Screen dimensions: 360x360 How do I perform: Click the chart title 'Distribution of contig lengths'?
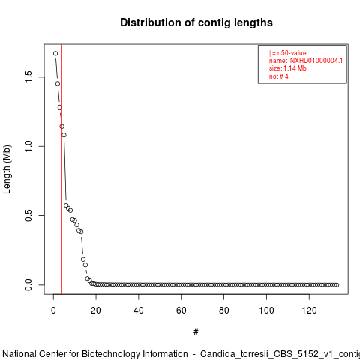(x=196, y=22)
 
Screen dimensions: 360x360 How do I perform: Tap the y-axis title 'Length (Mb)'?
(x=7, y=169)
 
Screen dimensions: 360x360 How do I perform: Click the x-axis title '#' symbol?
(x=196, y=332)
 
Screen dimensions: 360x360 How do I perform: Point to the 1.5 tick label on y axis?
(x=28, y=76)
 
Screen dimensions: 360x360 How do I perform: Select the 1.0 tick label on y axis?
(x=28, y=146)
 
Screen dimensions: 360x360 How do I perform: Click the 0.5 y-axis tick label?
(x=28, y=215)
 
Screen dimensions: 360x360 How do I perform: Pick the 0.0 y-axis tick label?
(x=28, y=285)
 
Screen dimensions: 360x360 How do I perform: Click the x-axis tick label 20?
(x=96, y=310)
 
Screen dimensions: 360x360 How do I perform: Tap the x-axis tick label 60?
(x=181, y=310)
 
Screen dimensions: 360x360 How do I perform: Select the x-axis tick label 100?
(x=266, y=310)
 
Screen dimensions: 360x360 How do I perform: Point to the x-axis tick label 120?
(x=309, y=310)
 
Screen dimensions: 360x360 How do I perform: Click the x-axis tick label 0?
(x=53, y=310)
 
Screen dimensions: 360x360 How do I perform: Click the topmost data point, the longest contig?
(x=55, y=53)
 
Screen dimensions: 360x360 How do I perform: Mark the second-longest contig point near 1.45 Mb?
(x=58, y=83)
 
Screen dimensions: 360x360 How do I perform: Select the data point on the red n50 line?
(x=61, y=127)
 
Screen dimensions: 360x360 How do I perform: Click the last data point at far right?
(x=337, y=285)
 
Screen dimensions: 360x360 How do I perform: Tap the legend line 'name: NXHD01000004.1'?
(x=306, y=61)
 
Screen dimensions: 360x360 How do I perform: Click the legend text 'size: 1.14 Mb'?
(x=288, y=68)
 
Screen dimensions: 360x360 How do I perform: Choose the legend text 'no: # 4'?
(x=279, y=76)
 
